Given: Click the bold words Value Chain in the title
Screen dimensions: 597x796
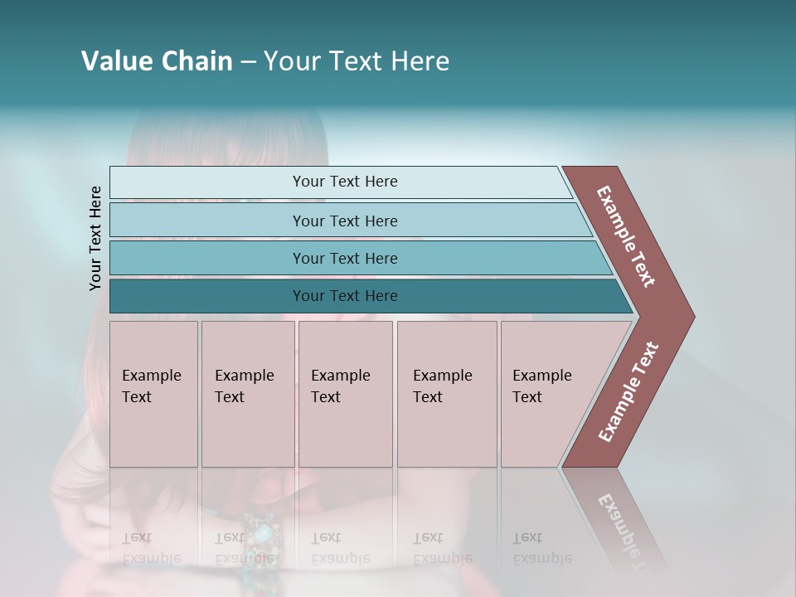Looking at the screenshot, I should pyautogui.click(x=157, y=61).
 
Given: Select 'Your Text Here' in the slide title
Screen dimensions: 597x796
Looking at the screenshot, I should pyautogui.click(x=357, y=61).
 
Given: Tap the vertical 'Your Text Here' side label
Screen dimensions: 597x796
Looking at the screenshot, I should pyautogui.click(x=95, y=238).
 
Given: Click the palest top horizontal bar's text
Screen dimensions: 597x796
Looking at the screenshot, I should pyautogui.click(x=345, y=182).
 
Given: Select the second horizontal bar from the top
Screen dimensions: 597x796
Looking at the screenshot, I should pyautogui.click(x=345, y=221).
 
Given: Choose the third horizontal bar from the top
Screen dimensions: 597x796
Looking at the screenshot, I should pyautogui.click(x=345, y=258).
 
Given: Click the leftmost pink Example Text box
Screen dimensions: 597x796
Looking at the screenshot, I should pyautogui.click(x=153, y=394).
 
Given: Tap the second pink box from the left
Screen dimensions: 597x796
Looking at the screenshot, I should pyautogui.click(x=247, y=394).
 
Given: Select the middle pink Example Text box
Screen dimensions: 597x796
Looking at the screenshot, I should pyautogui.click(x=345, y=394).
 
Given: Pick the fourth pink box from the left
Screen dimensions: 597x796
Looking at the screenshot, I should pyautogui.click(x=446, y=394).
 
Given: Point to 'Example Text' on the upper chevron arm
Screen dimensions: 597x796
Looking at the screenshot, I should pyautogui.click(x=627, y=236).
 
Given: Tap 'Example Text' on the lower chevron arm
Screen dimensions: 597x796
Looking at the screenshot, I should pyautogui.click(x=629, y=391).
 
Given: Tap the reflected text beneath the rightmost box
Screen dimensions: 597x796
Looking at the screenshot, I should pyautogui.click(x=541, y=548).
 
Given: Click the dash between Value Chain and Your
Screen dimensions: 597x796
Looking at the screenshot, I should pyautogui.click(x=248, y=62).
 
